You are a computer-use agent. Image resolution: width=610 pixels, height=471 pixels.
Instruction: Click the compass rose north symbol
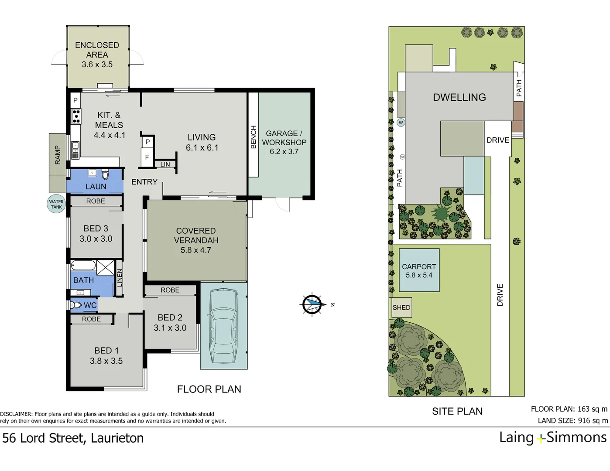pyautogui.click(x=312, y=304)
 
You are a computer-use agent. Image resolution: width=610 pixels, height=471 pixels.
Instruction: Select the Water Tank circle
pyautogui.click(x=56, y=204)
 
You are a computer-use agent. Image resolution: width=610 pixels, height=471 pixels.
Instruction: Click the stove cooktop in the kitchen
pyautogui.click(x=76, y=116)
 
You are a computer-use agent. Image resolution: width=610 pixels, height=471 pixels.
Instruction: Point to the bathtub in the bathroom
pyautogui.click(x=83, y=266)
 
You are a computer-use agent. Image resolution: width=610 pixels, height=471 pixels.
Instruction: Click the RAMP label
pyautogui.click(x=58, y=155)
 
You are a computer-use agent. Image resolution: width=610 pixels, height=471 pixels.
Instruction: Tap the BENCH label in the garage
pyautogui.click(x=254, y=137)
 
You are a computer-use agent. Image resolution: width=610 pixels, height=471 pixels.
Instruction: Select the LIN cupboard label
pyautogui.click(x=165, y=164)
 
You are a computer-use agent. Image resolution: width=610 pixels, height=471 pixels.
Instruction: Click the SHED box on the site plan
pyautogui.click(x=401, y=307)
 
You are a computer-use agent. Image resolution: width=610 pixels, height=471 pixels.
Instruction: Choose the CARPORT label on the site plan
pyautogui.click(x=419, y=266)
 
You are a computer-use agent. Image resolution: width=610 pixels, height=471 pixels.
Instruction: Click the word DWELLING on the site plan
pyautogui.click(x=459, y=97)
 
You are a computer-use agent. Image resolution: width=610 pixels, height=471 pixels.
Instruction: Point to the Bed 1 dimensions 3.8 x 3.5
pyautogui.click(x=106, y=361)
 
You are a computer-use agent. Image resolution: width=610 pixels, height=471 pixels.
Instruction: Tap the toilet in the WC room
pyautogui.click(x=76, y=305)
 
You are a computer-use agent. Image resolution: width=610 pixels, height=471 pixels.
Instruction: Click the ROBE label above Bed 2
pyautogui.click(x=170, y=290)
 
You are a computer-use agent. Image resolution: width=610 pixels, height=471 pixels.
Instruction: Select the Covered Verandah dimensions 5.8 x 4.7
pyautogui.click(x=196, y=250)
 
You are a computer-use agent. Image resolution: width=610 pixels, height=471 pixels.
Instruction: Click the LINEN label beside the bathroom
pyautogui.click(x=119, y=278)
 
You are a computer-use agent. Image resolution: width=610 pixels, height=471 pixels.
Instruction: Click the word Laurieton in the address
pyautogui.click(x=117, y=438)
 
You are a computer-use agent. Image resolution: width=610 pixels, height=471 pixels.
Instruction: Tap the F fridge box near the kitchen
pyautogui.click(x=147, y=157)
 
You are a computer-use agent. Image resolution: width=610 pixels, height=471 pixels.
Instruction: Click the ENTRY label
pyautogui.click(x=144, y=182)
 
